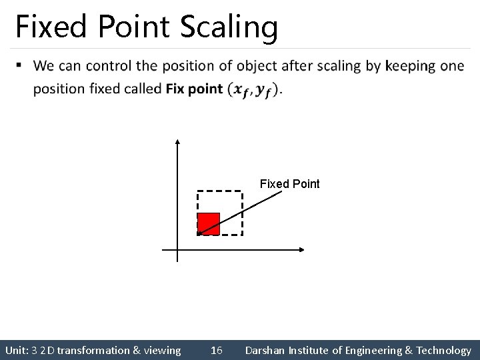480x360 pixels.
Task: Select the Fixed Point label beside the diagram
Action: click(x=289, y=183)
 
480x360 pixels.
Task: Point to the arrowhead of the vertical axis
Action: click(x=178, y=141)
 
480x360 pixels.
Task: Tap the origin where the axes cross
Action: click(x=178, y=250)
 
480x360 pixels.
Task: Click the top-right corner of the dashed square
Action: click(x=241, y=192)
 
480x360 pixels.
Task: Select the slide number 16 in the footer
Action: click(x=216, y=350)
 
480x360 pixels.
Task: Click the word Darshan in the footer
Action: click(x=265, y=350)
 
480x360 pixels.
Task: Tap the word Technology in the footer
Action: click(x=443, y=350)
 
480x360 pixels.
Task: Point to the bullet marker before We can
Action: click(x=19, y=65)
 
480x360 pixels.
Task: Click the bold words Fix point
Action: click(x=194, y=89)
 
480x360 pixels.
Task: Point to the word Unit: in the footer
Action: click(x=17, y=350)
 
